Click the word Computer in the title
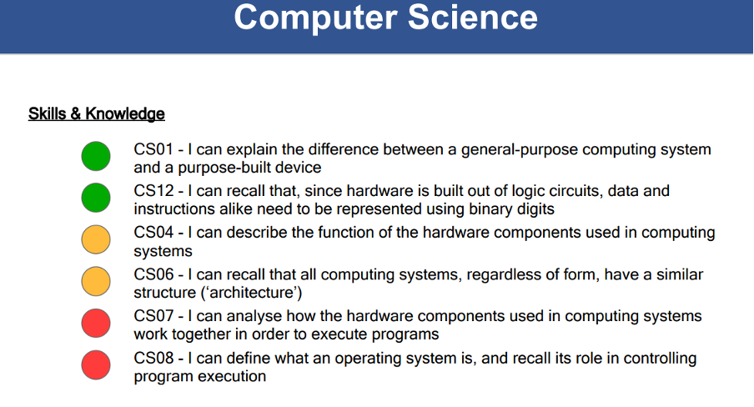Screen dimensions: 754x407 pos(316,18)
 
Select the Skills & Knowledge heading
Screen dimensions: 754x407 pos(97,114)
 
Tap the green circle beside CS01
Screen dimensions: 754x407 pos(96,156)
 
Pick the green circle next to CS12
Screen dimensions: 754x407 pos(96,198)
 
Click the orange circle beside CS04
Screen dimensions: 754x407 pos(96,239)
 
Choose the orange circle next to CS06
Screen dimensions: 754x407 pos(96,281)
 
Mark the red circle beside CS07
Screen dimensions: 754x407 pos(96,324)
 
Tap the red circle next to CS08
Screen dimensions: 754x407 pos(96,365)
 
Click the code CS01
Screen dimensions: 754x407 pos(153,149)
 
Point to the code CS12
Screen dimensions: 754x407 pos(153,191)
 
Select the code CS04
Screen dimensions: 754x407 pos(153,233)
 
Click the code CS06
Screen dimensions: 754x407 pos(153,274)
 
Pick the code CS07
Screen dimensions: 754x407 pos(153,316)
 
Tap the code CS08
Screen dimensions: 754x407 pos(153,358)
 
